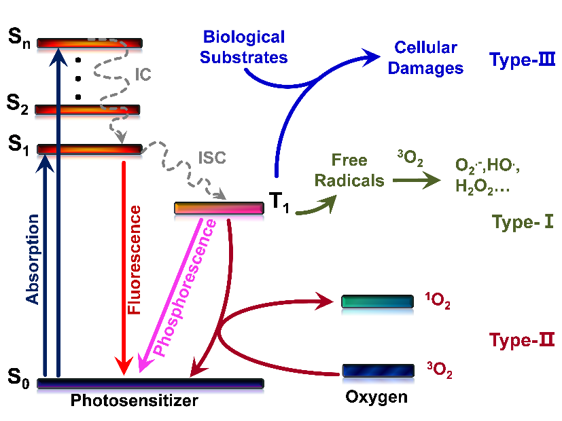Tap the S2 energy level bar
88,109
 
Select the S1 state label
19,145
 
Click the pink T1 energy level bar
219,208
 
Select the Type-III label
523,60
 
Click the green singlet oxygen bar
377,301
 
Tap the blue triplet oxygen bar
378,370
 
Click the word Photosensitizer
134,401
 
